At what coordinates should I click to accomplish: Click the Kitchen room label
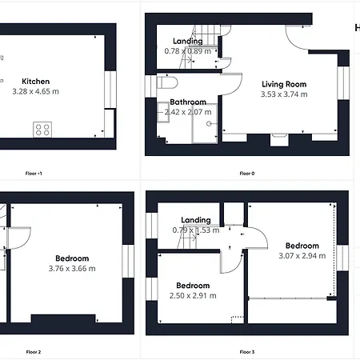coord(36,82)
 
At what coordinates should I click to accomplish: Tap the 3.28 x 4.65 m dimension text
coord(35,91)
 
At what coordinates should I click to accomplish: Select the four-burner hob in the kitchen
coord(42,130)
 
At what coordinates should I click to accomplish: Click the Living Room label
coord(284,84)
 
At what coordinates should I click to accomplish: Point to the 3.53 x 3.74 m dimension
coord(284,94)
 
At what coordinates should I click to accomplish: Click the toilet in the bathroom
coord(167,82)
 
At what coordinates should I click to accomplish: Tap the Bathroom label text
coord(188,102)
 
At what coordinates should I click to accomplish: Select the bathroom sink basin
coord(163,112)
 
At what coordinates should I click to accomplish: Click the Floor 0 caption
coord(247,174)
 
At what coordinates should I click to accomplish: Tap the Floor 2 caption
coord(34,352)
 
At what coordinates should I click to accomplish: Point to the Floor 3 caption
coord(247,352)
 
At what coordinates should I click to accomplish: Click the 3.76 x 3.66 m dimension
coord(72,269)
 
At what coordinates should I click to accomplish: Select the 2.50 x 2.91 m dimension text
coord(193,296)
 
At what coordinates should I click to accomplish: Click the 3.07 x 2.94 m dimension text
coord(302,256)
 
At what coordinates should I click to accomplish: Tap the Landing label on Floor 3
coord(196,220)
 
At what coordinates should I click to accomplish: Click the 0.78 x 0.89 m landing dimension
coord(188,51)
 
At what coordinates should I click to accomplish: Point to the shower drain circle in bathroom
coord(209,123)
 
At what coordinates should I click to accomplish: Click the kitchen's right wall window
coord(110,90)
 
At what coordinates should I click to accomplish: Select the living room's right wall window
coord(343,83)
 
